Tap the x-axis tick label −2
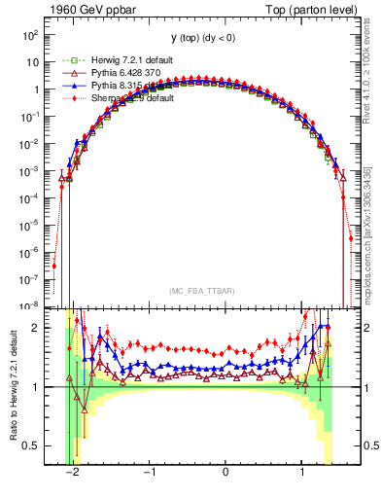click(73, 473)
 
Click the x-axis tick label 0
click(226, 473)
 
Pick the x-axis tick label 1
click(302, 473)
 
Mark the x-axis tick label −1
click(148, 473)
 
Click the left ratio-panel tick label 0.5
click(29, 445)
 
